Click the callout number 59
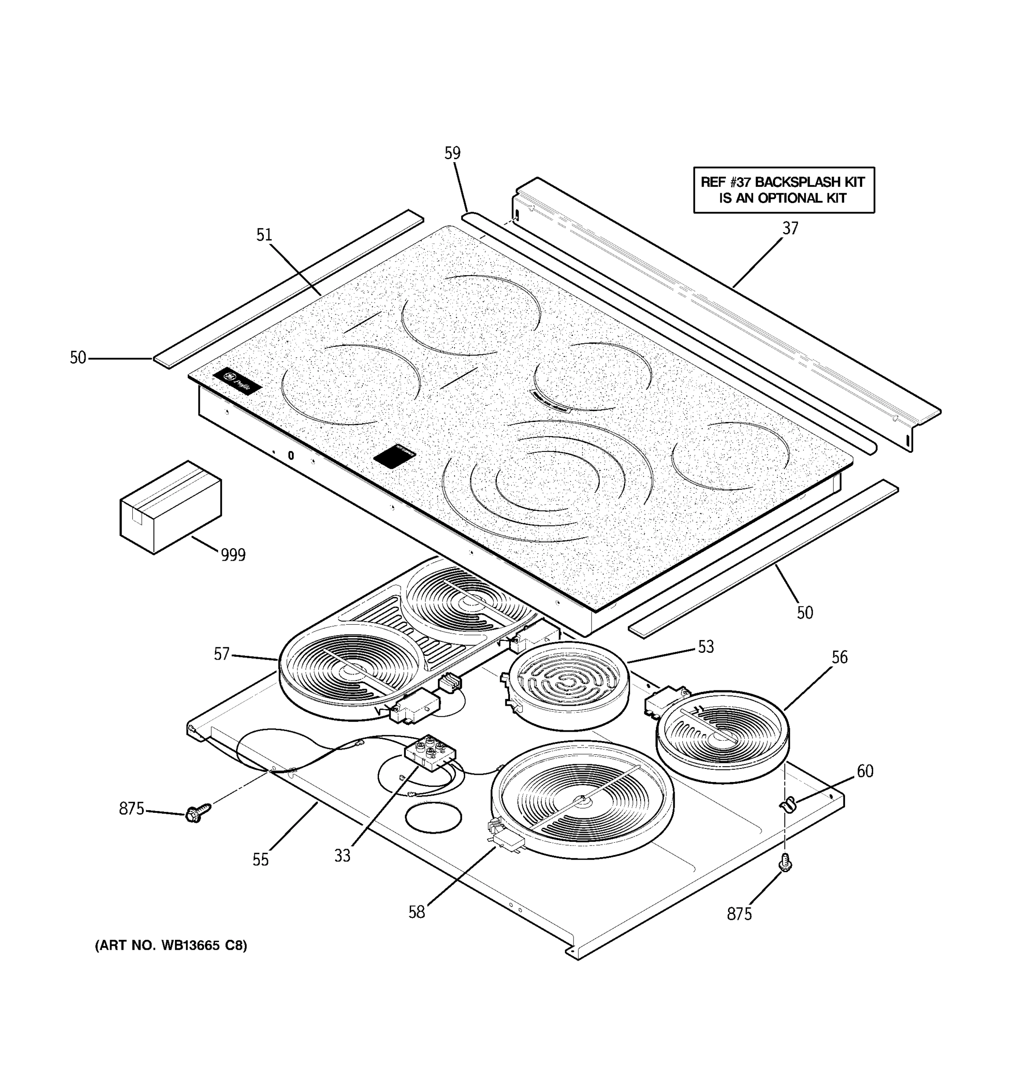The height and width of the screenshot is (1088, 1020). [x=452, y=153]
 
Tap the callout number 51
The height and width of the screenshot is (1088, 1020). [x=264, y=235]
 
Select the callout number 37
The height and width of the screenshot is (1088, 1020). [x=790, y=228]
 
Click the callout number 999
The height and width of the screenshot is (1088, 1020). [x=233, y=555]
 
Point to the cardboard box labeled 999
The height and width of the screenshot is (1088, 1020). [x=170, y=507]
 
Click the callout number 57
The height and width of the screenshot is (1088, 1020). [x=221, y=654]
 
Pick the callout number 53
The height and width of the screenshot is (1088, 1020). [x=706, y=647]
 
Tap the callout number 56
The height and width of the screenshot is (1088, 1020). [x=840, y=657]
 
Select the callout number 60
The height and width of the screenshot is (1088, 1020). [x=865, y=771]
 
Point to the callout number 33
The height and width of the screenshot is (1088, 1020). [x=342, y=855]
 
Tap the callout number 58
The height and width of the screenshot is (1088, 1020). [x=417, y=912]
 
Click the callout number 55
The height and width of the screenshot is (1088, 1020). [x=261, y=860]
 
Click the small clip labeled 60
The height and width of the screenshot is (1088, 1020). [x=787, y=805]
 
